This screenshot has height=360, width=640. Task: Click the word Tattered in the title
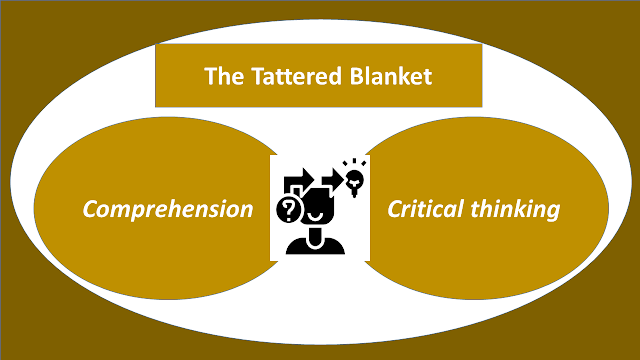[296, 76]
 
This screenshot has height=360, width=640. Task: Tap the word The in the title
[224, 76]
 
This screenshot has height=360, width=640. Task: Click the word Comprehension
[168, 209]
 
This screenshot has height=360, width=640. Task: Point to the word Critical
[426, 209]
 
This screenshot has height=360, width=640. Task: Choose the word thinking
[515, 209]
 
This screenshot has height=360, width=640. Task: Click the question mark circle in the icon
[290, 210]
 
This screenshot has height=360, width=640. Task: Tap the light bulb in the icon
[354, 183]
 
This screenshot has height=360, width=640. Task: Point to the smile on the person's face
[316, 215]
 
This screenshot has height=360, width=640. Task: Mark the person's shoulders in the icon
[315, 246]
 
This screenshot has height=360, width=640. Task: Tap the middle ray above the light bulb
[354, 162]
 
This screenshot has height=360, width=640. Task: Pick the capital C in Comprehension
[91, 209]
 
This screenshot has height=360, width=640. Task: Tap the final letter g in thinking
[552, 213]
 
